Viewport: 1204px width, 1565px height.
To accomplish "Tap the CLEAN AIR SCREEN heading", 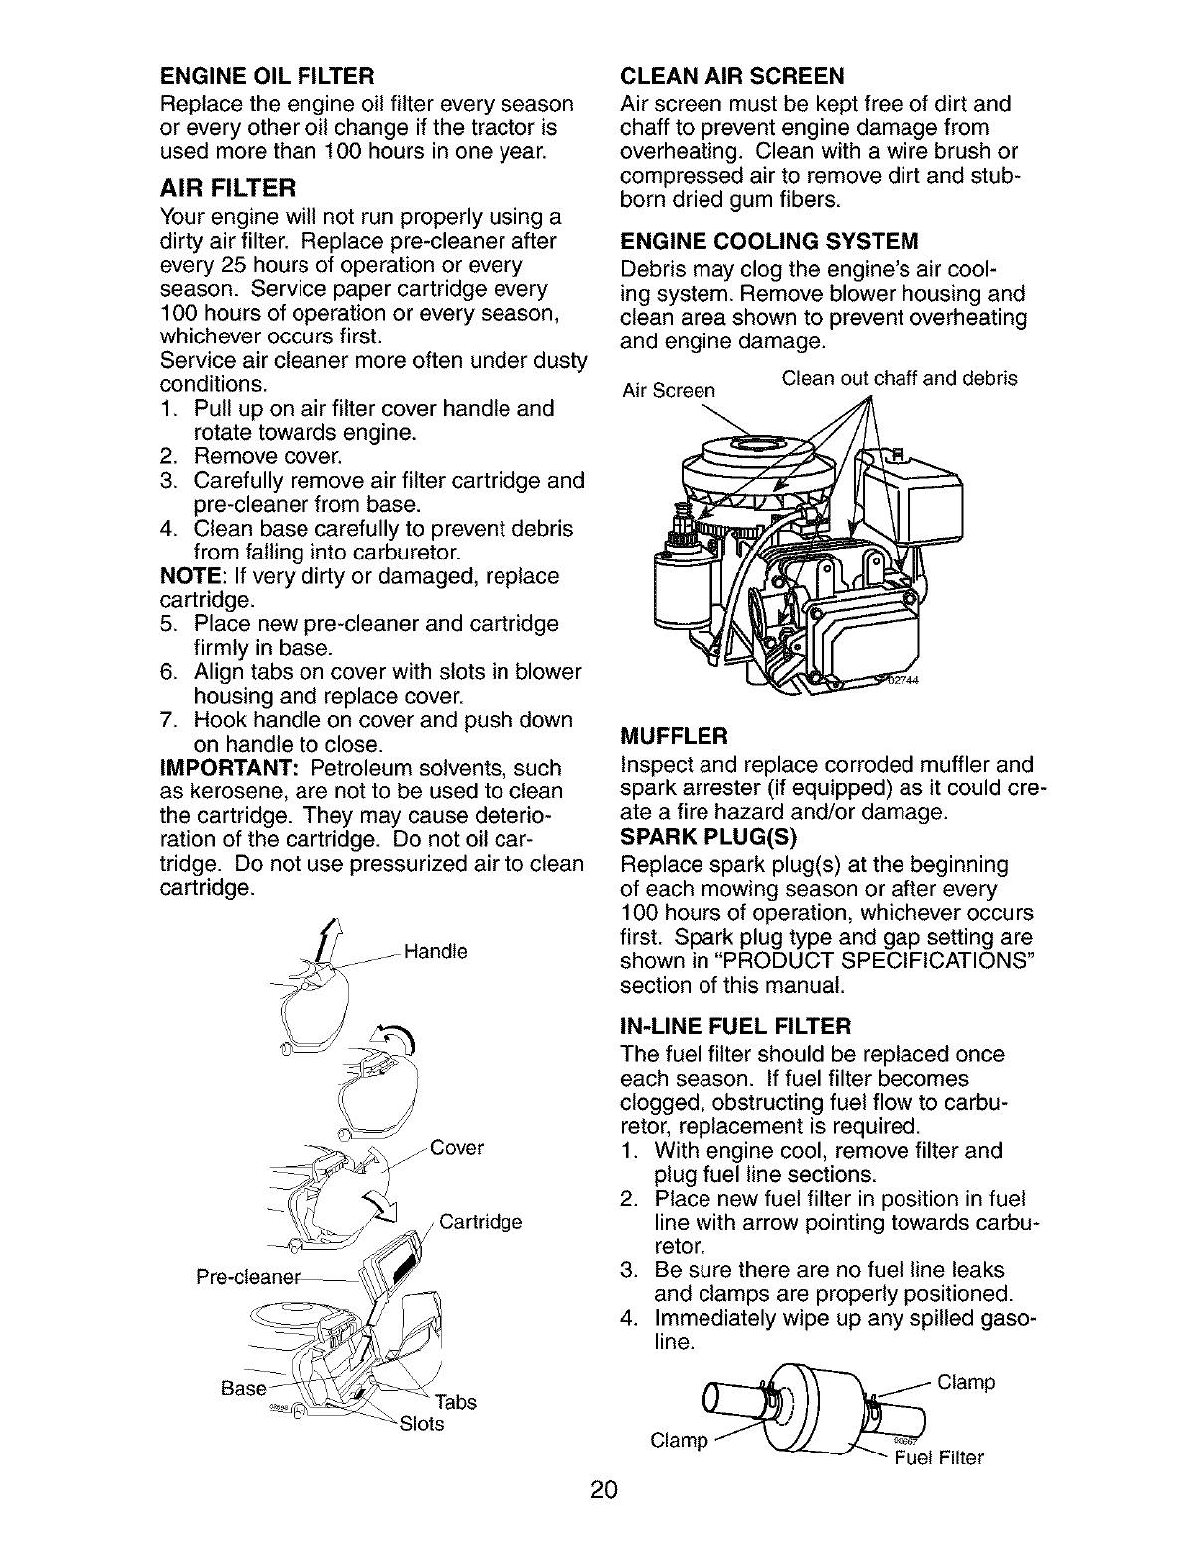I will click(731, 76).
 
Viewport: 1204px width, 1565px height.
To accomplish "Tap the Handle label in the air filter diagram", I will click(435, 950).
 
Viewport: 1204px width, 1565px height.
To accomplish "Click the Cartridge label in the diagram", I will click(481, 1222).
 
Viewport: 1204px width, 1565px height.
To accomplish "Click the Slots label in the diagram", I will click(421, 1424).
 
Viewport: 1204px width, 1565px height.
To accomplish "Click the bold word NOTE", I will click(186, 576).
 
